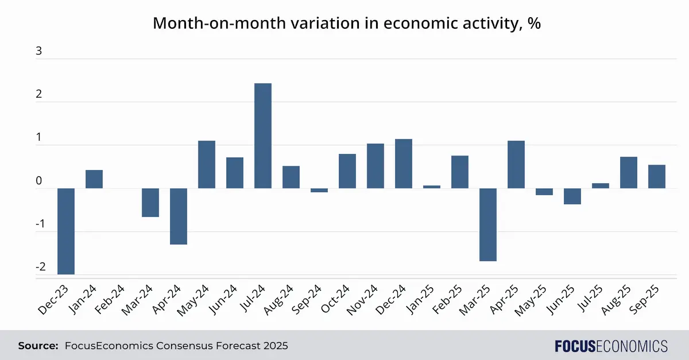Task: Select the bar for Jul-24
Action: [x=263, y=136]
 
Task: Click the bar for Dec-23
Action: [x=66, y=231]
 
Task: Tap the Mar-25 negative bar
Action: [x=488, y=224]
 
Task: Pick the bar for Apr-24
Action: [x=179, y=216]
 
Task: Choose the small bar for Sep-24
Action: [x=319, y=190]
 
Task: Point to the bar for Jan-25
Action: [x=432, y=187]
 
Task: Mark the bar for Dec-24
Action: [x=404, y=164]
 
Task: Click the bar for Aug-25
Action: [x=629, y=172]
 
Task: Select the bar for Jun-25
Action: [x=572, y=196]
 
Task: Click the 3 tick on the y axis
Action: [x=39, y=51]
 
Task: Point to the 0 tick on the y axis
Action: [x=39, y=181]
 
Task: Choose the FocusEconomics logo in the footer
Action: [x=611, y=346]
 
